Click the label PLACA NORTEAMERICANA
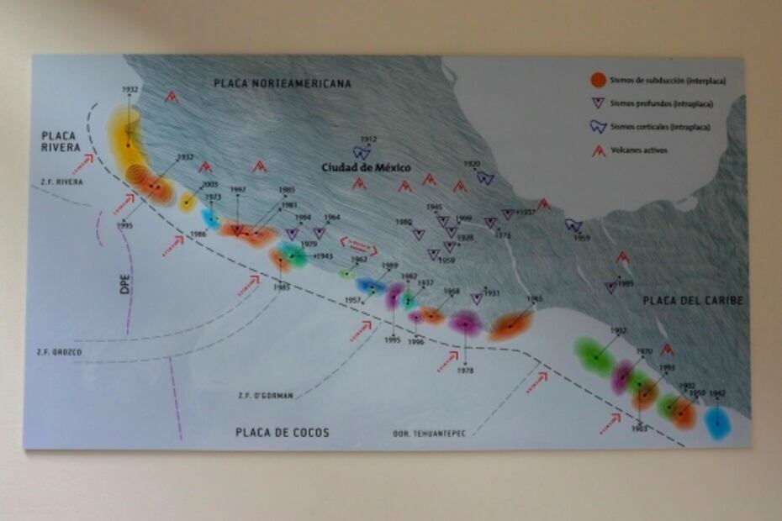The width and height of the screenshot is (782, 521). click(x=283, y=84)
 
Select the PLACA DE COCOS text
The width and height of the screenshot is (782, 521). click(x=283, y=433)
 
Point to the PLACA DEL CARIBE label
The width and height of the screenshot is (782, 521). click(x=694, y=301)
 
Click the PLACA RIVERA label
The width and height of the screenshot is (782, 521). click(x=60, y=141)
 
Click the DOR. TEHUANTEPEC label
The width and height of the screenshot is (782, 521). click(x=429, y=434)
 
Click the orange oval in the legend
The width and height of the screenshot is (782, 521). click(x=597, y=81)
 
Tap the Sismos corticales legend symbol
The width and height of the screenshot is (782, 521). click(x=598, y=127)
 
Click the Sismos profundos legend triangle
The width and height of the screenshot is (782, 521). click(x=598, y=103)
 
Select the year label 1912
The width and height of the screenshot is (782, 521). click(x=368, y=139)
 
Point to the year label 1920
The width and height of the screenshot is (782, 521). click(x=472, y=165)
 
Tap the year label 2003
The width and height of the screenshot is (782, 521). click(x=209, y=185)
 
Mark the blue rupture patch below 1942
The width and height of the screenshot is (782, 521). click(x=716, y=423)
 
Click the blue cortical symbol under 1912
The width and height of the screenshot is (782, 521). click(x=362, y=152)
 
